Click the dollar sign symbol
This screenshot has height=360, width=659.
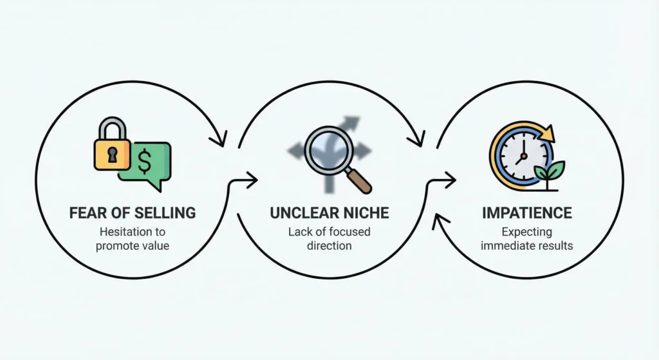click(145, 163)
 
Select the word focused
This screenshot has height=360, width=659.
click(347, 232)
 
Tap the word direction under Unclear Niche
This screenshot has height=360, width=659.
click(329, 246)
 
